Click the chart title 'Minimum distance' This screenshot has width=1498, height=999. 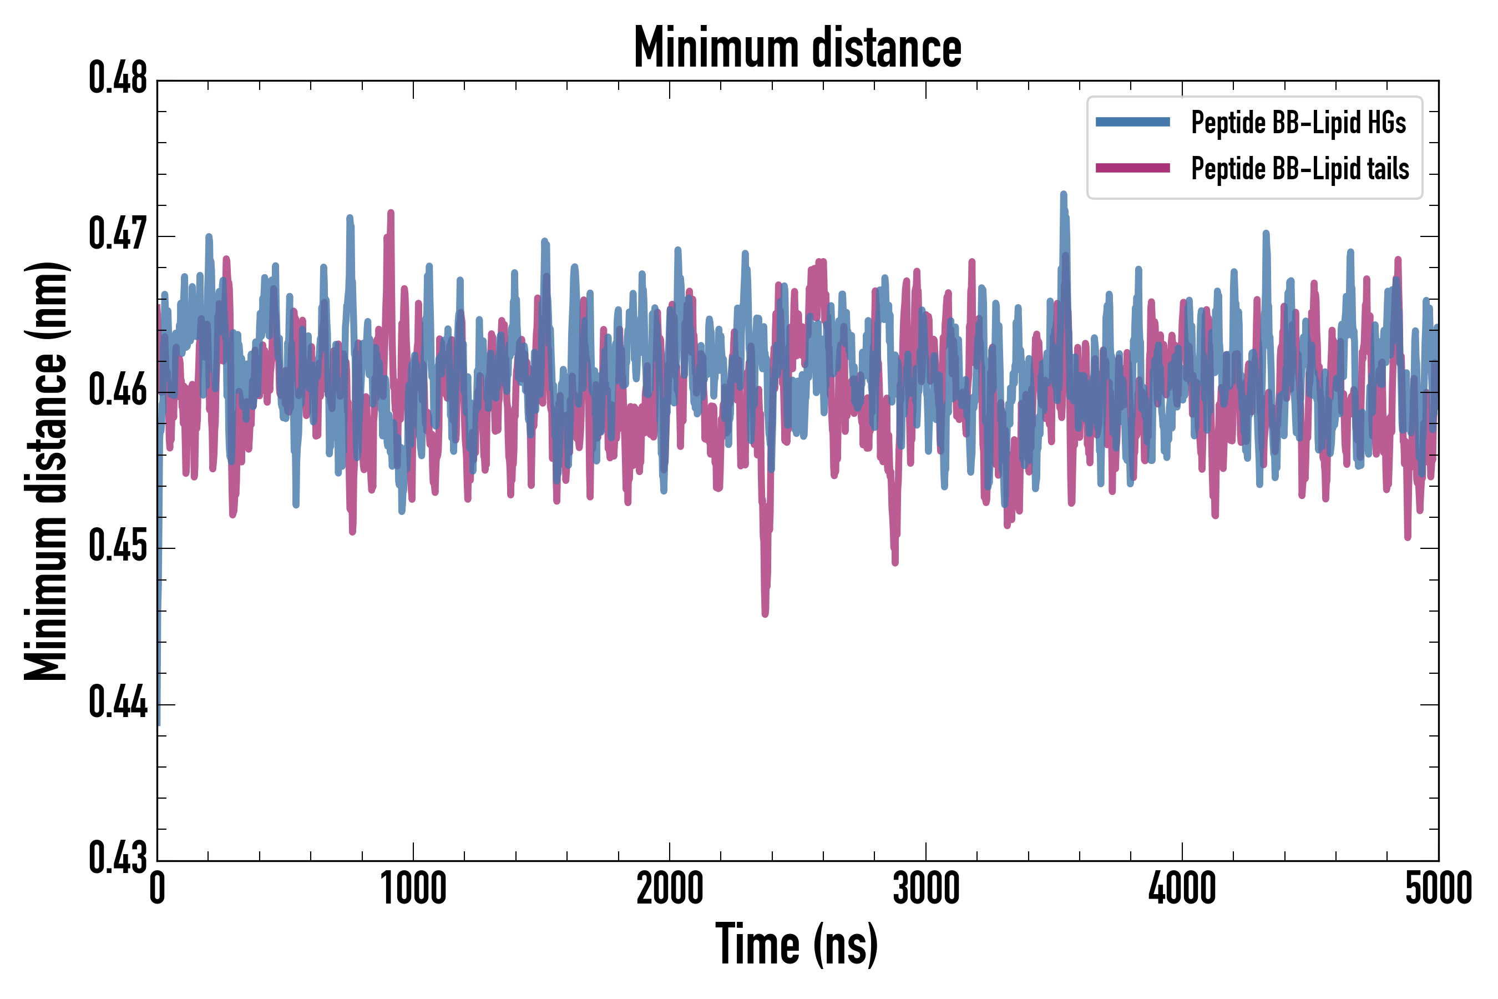797,48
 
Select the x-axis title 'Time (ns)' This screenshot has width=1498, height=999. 797,945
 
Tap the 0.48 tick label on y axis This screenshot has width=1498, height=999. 118,78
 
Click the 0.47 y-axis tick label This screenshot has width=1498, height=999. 118,234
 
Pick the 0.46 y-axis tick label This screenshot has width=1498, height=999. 118,391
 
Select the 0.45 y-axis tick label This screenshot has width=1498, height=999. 118,547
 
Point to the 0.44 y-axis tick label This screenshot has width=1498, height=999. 118,703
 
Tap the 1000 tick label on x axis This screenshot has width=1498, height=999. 413,889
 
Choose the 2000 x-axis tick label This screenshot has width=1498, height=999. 670,889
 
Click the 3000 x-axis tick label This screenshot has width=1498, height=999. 926,889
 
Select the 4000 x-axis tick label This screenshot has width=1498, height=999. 1182,889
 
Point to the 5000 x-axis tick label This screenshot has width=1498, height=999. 1438,889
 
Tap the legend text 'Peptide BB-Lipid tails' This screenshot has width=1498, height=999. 1300,169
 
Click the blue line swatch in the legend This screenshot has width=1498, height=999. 1132,122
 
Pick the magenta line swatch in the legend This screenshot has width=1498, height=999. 1132,168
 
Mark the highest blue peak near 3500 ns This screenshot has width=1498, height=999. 1063,194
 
